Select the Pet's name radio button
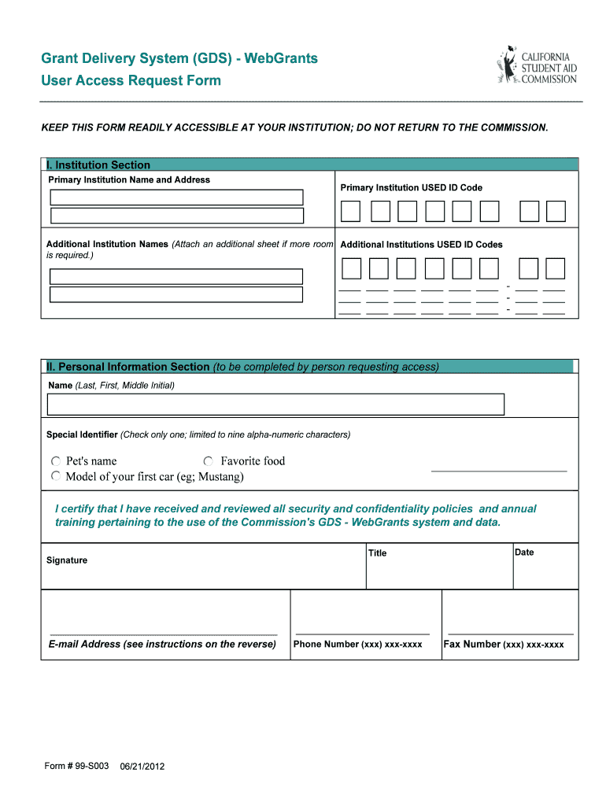pyautogui.click(x=56, y=461)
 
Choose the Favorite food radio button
pyautogui.click(x=209, y=461)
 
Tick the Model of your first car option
pyautogui.click(x=56, y=477)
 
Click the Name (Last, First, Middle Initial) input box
pyautogui.click(x=275, y=405)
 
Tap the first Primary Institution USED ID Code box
pyautogui.click(x=350, y=211)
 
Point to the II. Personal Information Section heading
pyautogui.click(x=128, y=367)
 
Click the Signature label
pyautogui.click(x=67, y=560)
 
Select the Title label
pyautogui.click(x=378, y=553)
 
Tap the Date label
pyautogui.click(x=524, y=553)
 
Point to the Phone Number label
pyautogui.click(x=357, y=645)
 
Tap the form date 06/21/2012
pyautogui.click(x=142, y=767)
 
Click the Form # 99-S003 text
pyautogui.click(x=76, y=766)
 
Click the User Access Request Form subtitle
pyautogui.click(x=131, y=81)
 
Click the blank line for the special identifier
pyautogui.click(x=499, y=470)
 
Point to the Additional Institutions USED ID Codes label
pyautogui.click(x=421, y=245)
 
